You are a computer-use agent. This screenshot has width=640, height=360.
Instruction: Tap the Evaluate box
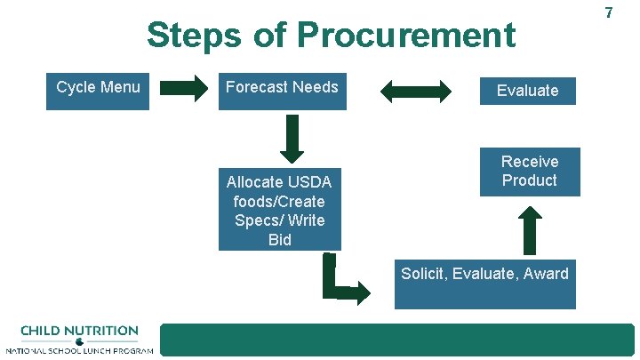[x=528, y=91]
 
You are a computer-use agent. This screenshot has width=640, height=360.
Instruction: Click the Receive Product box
[x=530, y=172]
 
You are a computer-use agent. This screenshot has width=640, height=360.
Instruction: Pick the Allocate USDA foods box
[x=279, y=212]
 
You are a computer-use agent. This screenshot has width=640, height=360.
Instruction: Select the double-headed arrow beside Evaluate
[x=416, y=90]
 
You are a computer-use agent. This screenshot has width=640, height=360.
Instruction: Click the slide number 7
[x=609, y=12]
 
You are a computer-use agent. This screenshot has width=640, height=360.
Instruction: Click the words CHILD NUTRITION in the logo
[x=79, y=331]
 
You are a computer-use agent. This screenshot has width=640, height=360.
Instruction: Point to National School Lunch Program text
[x=79, y=351]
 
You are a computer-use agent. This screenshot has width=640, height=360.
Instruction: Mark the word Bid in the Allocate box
[x=279, y=240]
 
